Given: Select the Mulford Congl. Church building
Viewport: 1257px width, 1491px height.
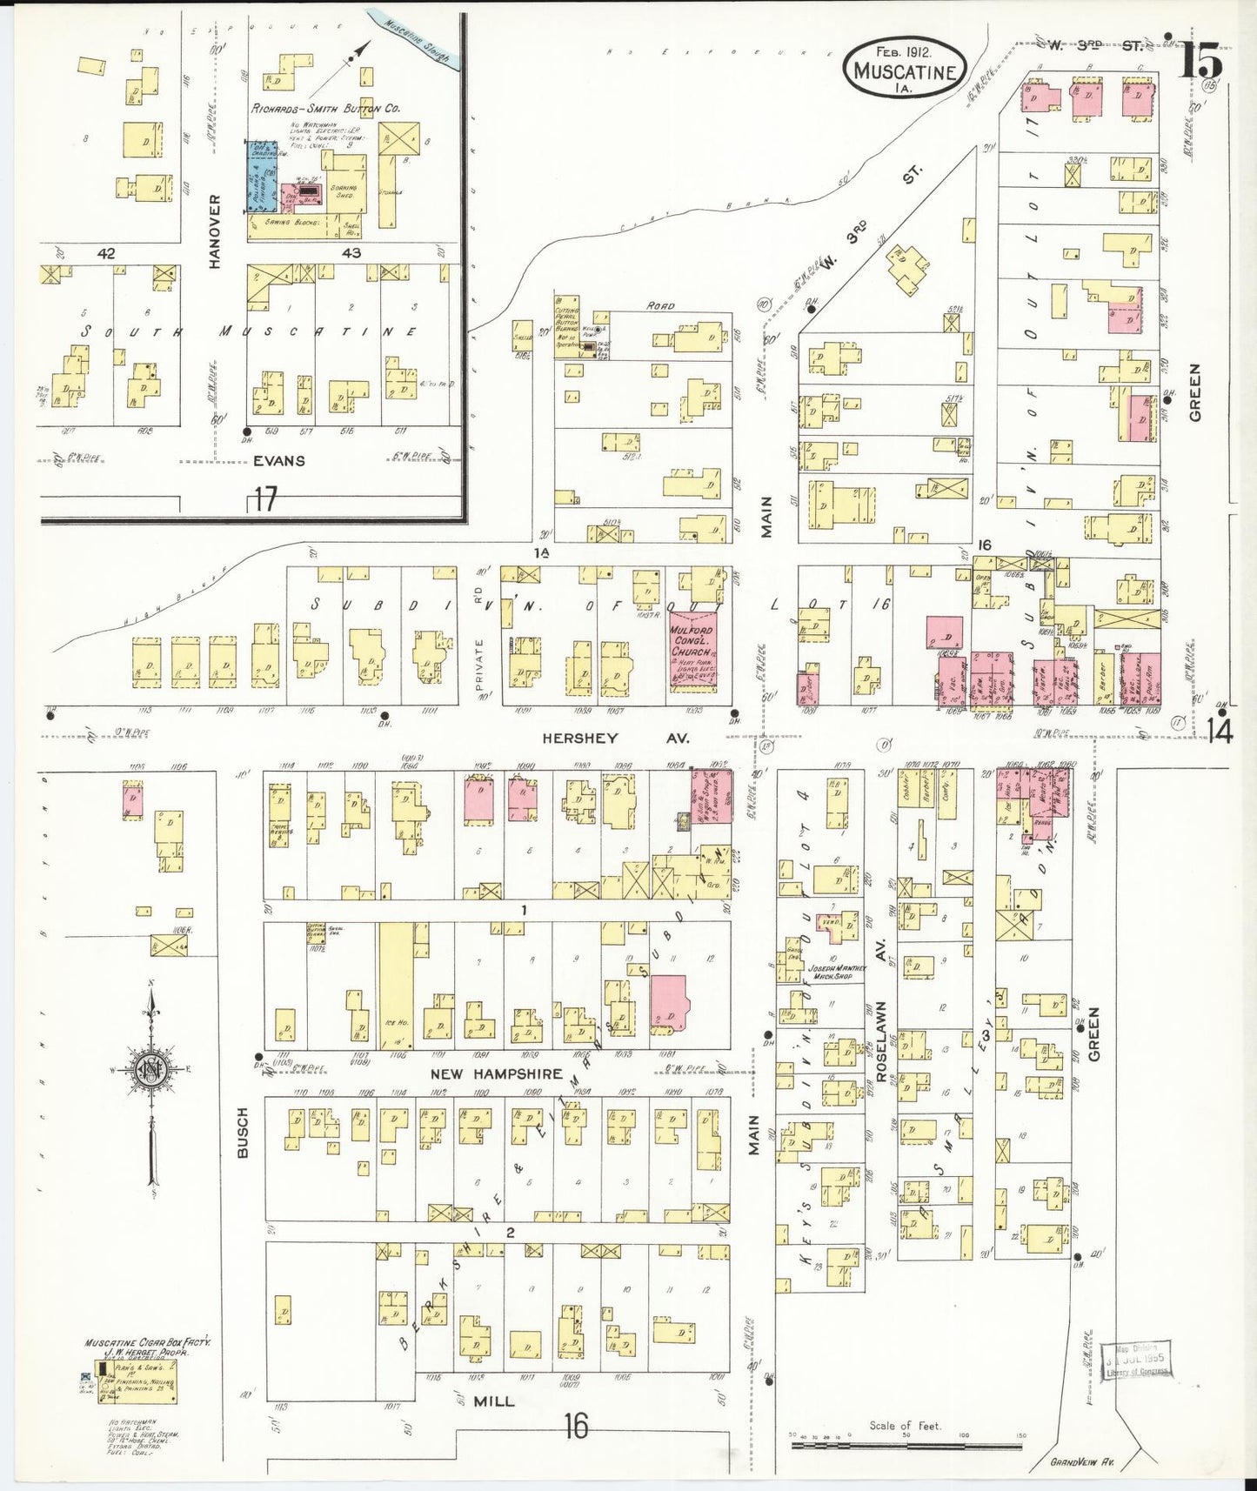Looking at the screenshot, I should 693,652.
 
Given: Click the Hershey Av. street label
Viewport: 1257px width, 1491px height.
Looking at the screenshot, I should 616,738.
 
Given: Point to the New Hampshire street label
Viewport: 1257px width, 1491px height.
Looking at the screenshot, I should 497,1074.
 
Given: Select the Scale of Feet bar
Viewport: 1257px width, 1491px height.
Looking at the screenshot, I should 905,1445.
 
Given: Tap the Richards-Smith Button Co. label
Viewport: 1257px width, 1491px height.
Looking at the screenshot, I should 325,109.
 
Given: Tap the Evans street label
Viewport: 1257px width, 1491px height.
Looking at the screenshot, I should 279,461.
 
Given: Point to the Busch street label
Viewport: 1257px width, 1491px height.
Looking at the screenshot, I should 243,1132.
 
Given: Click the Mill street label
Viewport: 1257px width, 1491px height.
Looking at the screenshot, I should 493,1401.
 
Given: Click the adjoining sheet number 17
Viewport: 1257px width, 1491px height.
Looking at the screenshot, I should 265,499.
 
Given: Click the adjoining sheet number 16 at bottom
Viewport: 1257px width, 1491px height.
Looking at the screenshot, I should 575,1426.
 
